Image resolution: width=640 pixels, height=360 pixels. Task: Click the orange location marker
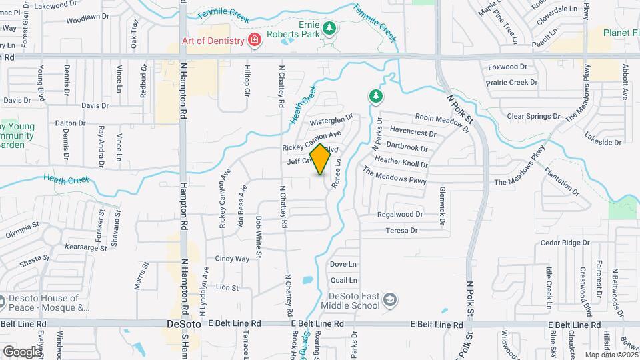[320, 159]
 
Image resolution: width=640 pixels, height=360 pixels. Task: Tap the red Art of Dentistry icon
[253, 41]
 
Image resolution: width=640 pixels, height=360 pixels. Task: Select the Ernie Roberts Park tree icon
[328, 28]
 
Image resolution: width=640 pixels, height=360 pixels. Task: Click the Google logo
[22, 351]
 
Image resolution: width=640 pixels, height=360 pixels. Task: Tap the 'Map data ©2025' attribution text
[611, 355]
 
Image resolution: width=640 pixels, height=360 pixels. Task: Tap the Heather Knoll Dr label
[401, 161]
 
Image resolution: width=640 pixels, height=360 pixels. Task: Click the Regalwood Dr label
[400, 215]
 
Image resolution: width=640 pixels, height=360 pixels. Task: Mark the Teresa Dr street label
[401, 231]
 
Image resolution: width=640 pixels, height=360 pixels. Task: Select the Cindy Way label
[232, 259]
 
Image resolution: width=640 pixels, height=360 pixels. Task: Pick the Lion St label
[227, 287]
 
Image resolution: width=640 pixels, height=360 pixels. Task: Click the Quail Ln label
[343, 281]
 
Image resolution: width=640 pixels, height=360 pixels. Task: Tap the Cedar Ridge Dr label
[561, 243]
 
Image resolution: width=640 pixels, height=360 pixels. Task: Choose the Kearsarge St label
[87, 247]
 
